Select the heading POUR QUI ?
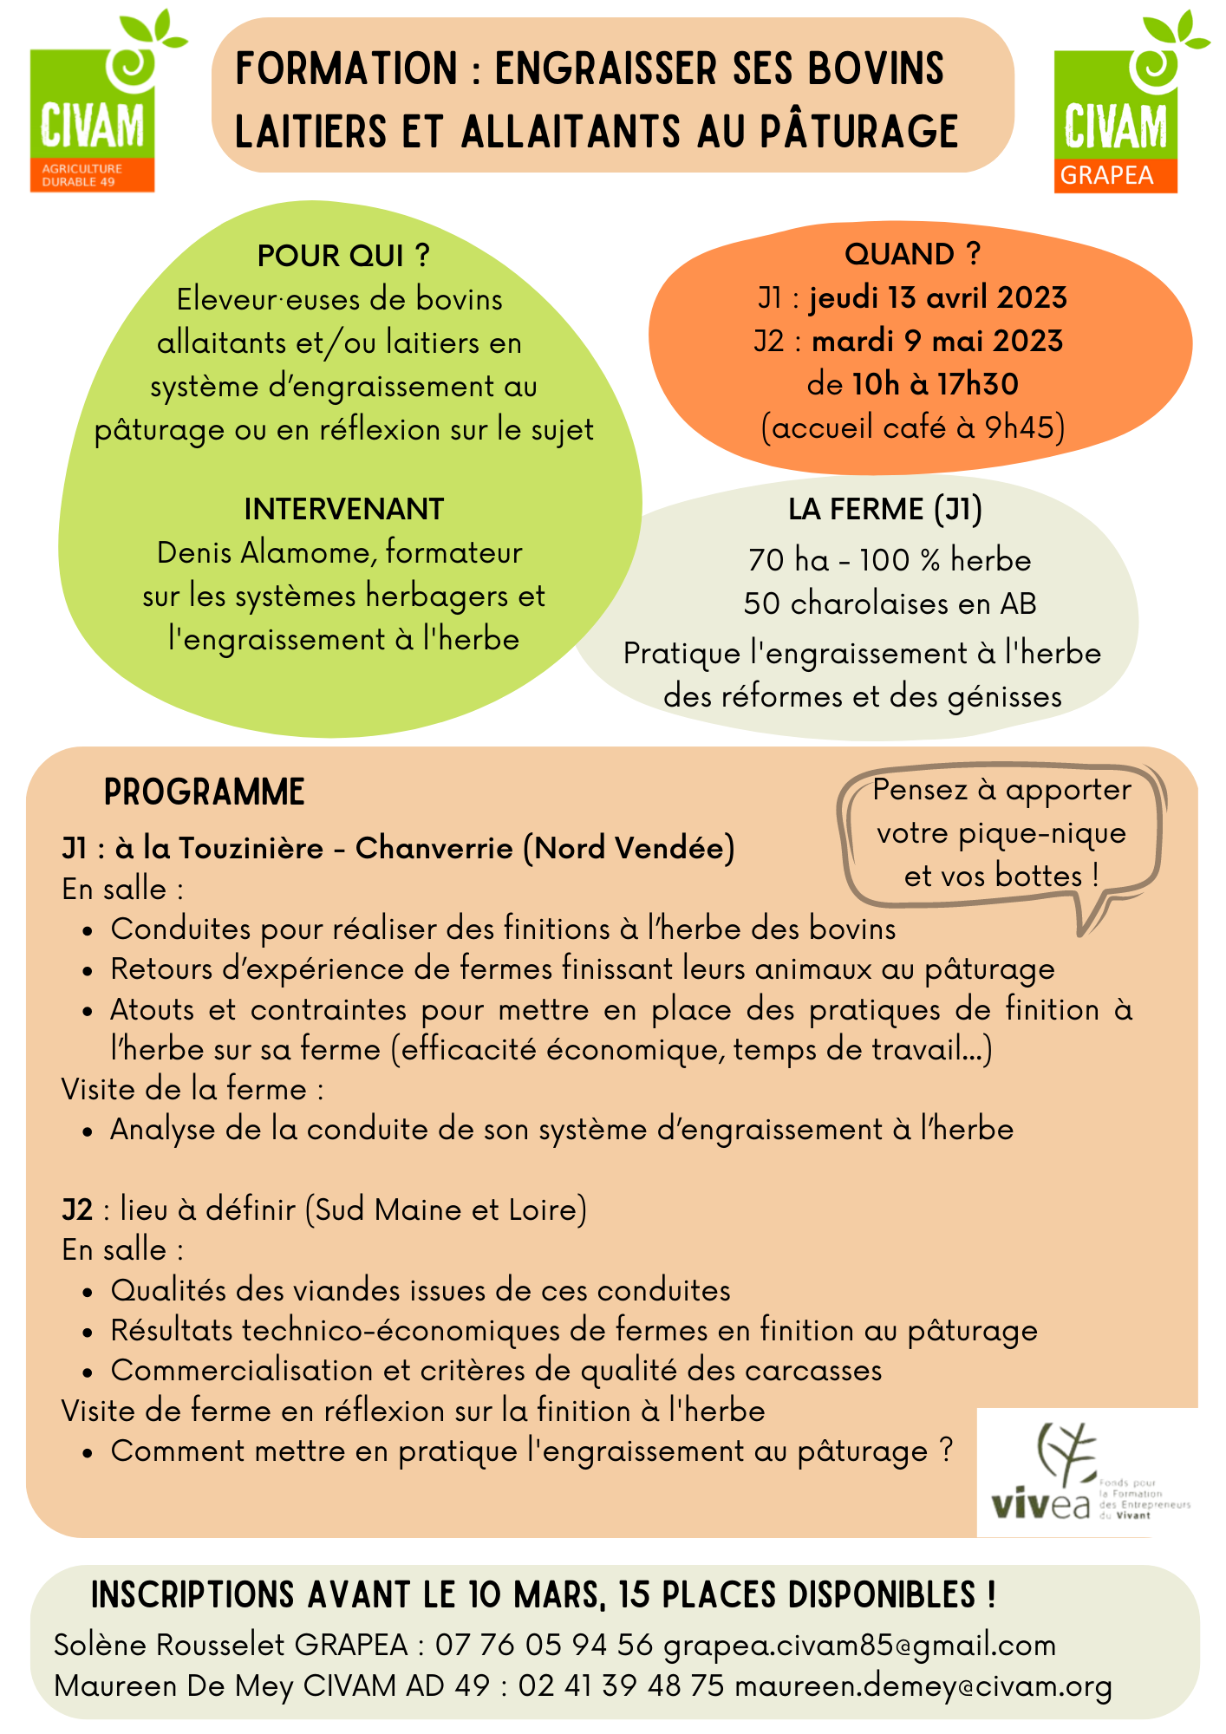[x=343, y=256]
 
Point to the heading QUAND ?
[x=912, y=254]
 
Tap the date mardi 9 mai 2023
[x=937, y=341]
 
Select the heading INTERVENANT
[x=343, y=509]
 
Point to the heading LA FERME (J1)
[x=885, y=509]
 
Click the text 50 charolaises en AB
[x=890, y=603]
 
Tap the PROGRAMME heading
[x=205, y=792]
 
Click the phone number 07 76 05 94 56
[x=544, y=1645]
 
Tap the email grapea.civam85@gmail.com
[x=859, y=1645]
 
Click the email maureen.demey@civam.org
[x=923, y=1686]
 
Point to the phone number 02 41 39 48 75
[x=621, y=1686]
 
